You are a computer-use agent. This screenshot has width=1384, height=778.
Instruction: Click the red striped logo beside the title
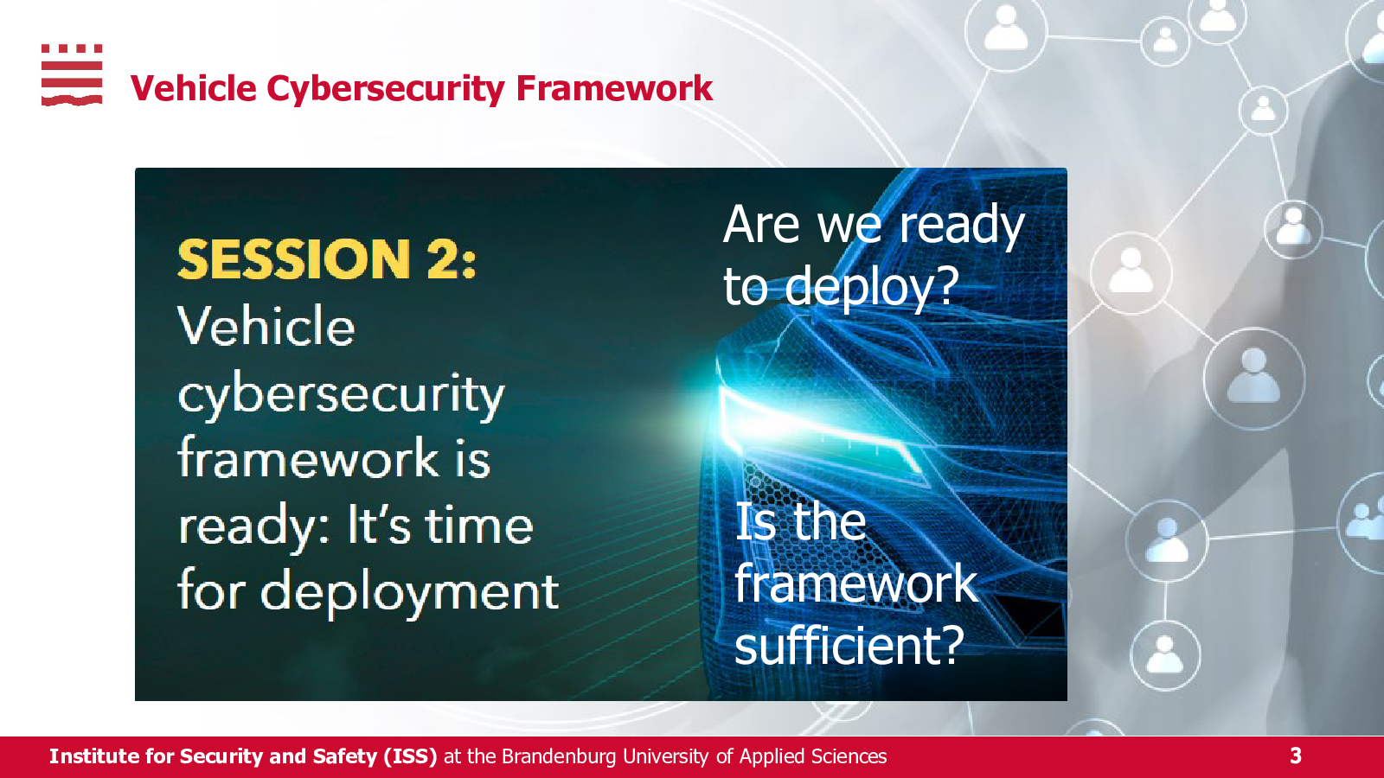pyautogui.click(x=72, y=74)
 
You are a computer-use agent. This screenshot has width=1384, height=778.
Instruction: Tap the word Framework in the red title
pyautogui.click(x=614, y=87)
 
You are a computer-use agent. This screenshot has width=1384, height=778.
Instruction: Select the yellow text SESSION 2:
pyautogui.click(x=327, y=259)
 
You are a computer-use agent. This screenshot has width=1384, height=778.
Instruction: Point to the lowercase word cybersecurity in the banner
pyautogui.click(x=341, y=396)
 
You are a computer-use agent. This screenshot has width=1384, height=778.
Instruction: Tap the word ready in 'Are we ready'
pyautogui.click(x=962, y=226)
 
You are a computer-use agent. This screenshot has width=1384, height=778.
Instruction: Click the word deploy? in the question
pyautogui.click(x=872, y=288)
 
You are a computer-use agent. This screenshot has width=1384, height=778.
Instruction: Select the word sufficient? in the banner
pyautogui.click(x=849, y=644)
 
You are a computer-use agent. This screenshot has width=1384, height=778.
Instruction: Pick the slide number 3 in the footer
pyautogui.click(x=1296, y=756)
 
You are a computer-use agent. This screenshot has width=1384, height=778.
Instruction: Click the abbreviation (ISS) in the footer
pyautogui.click(x=410, y=756)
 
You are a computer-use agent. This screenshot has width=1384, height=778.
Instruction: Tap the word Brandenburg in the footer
pyautogui.click(x=559, y=756)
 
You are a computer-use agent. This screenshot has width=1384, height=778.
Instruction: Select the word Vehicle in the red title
pyautogui.click(x=194, y=87)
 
